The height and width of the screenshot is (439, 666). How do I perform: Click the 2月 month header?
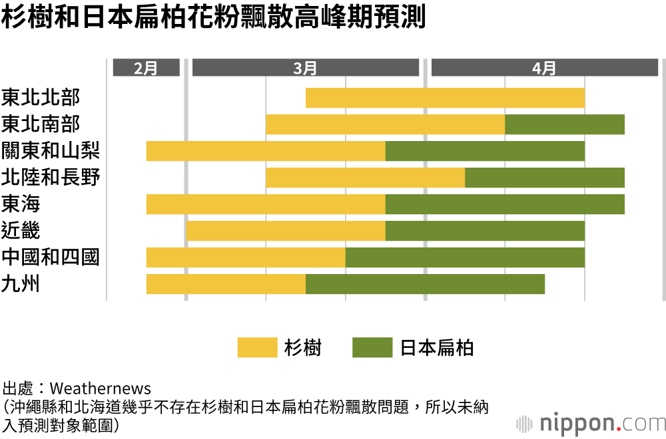146,68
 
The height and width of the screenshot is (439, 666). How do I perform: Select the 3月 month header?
305,68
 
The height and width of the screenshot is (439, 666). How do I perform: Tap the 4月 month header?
544,68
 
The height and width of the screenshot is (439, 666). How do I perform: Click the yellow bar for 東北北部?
445,98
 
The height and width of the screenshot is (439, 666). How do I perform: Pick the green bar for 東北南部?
565,124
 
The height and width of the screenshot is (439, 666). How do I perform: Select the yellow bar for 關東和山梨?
266,151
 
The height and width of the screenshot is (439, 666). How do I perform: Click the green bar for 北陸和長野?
545,178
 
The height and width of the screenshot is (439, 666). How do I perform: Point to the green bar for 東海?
505,204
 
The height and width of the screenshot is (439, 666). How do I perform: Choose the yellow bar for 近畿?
286,231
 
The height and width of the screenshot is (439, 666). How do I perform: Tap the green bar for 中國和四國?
465,257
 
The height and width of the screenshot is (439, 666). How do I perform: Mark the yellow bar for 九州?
226,284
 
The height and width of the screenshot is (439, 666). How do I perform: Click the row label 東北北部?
41,98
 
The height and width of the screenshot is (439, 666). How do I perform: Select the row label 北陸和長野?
51,178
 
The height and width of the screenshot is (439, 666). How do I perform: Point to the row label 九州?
21,284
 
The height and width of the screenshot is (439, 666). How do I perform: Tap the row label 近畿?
21,231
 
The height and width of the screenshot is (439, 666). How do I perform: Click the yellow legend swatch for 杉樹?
257,347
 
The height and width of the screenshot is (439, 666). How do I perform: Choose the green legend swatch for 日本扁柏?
372,347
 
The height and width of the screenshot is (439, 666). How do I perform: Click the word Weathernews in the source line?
101,388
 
